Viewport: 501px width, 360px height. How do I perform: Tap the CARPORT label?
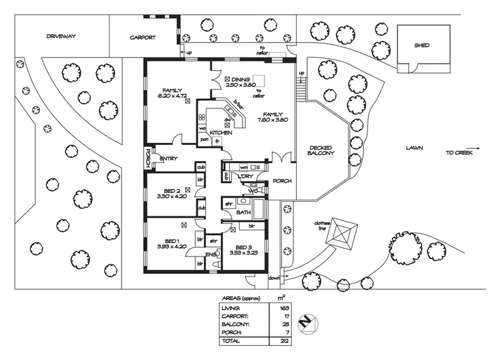coord(143,38)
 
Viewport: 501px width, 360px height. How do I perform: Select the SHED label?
coord(422,45)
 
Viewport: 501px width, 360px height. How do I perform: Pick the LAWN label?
coord(413,148)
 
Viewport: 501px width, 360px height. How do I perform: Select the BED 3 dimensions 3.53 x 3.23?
coord(243,253)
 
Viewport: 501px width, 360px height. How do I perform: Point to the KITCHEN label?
coord(221,134)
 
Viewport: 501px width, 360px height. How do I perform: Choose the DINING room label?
coord(242,79)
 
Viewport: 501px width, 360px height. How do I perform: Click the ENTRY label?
coord(168,158)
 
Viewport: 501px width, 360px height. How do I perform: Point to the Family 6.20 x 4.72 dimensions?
coord(173,96)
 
